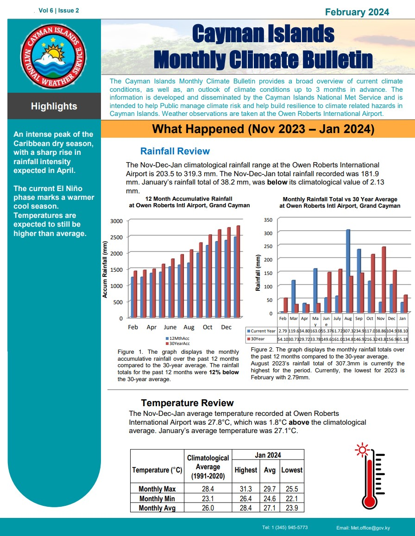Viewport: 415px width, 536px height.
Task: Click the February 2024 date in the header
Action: tap(357, 12)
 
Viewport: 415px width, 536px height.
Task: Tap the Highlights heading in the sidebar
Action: tap(54, 106)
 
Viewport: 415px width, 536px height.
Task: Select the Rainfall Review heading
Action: tap(175, 151)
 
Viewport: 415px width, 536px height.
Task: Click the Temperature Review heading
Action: tap(187, 403)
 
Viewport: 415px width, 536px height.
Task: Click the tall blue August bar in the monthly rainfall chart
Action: tap(348, 271)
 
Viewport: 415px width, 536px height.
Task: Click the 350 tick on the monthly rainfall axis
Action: tap(268, 219)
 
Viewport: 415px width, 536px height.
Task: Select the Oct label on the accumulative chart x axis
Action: tap(207, 327)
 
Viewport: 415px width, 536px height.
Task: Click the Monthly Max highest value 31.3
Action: tap(245, 489)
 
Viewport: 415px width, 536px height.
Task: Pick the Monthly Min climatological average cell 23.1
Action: tap(207, 498)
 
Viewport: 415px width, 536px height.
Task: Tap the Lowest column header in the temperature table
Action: tap(292, 470)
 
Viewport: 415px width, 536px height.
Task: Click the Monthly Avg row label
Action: tap(157, 508)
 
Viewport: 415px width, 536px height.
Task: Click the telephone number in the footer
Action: tap(285, 528)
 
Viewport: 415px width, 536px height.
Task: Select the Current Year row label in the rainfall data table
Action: tap(262, 331)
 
